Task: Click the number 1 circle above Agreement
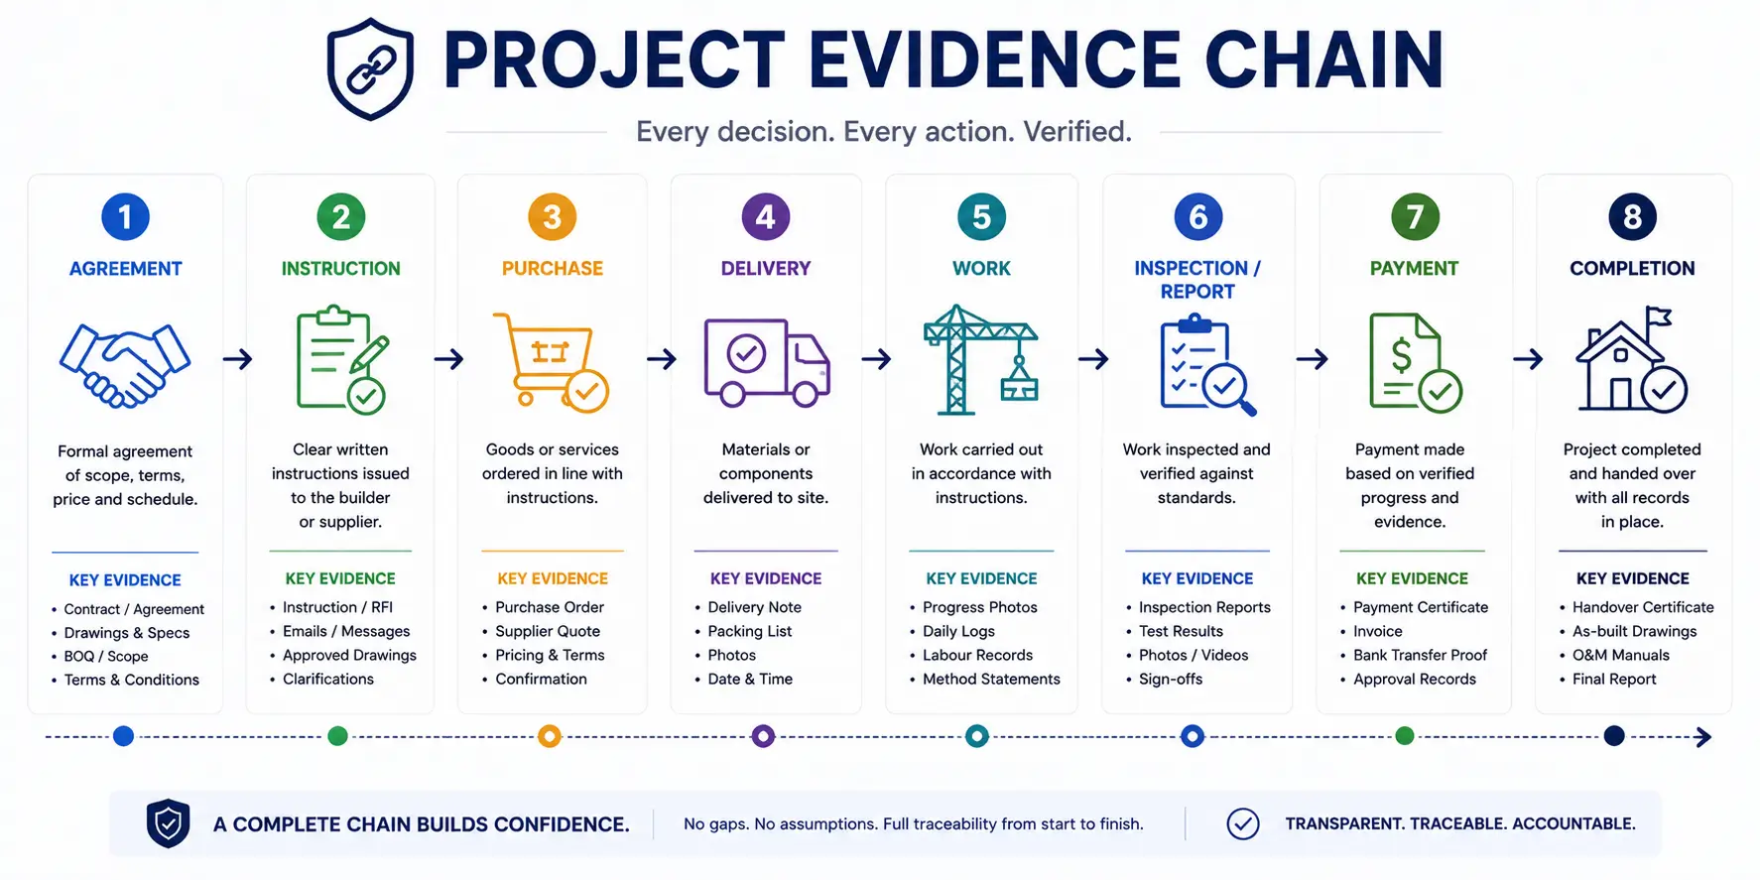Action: (x=125, y=216)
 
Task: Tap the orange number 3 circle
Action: (x=553, y=216)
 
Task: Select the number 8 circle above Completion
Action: (x=1632, y=216)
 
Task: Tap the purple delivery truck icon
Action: (x=766, y=362)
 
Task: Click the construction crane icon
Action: (x=980, y=359)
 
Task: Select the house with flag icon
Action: (x=1631, y=359)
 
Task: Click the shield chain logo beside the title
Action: (x=370, y=69)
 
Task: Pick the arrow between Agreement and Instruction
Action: (x=237, y=358)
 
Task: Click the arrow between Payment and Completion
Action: (x=1528, y=358)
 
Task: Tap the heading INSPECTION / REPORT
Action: (x=1197, y=280)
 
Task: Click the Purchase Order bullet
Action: (x=550, y=607)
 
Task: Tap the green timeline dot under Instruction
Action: (x=337, y=736)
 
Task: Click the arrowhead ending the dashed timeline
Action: (x=1704, y=737)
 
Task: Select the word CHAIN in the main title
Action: (x=1323, y=61)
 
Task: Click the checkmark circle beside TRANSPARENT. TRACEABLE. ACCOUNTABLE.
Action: (x=1243, y=823)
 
